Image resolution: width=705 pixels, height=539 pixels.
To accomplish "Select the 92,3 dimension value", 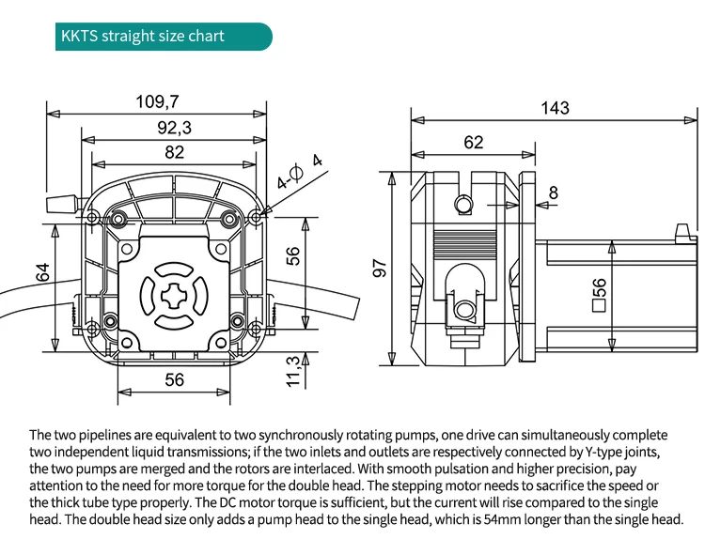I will click(x=175, y=127).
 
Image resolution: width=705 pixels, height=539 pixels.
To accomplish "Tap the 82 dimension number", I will click(x=175, y=152).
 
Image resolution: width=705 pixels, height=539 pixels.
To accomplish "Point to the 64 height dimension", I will click(x=41, y=272).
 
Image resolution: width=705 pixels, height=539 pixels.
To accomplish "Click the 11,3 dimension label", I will click(x=293, y=369).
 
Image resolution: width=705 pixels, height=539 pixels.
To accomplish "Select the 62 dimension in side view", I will click(x=473, y=142).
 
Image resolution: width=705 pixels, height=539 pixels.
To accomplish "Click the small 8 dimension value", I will click(x=553, y=193).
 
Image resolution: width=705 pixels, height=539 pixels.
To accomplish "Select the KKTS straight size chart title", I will click(x=143, y=37).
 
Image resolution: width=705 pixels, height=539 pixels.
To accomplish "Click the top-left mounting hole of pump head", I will click(x=92, y=218).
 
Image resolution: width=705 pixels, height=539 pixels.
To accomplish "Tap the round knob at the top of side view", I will click(x=462, y=204).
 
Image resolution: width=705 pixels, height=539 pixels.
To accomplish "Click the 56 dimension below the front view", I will click(x=175, y=379).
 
